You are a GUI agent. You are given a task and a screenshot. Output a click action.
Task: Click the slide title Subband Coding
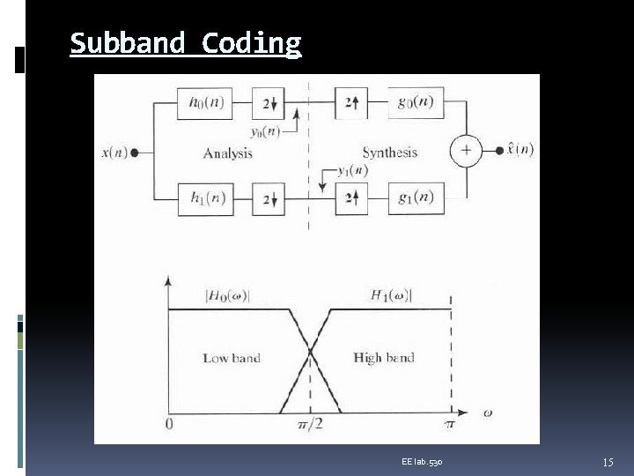pyautogui.click(x=185, y=42)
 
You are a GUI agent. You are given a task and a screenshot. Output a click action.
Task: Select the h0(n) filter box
pyautogui.click(x=205, y=103)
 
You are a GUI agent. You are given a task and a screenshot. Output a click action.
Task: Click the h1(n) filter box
pyautogui.click(x=205, y=197)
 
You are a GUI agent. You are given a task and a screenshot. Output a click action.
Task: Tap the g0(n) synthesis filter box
pyautogui.click(x=415, y=103)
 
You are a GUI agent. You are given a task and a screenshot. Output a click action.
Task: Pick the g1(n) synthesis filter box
pyautogui.click(x=415, y=197)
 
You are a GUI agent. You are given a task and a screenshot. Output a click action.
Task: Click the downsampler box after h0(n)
pyautogui.click(x=269, y=103)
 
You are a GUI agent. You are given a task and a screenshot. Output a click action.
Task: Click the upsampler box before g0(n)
pyautogui.click(x=350, y=103)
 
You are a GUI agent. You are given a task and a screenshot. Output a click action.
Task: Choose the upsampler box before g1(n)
pyautogui.click(x=350, y=197)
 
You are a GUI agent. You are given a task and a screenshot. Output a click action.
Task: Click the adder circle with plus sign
pyautogui.click(x=466, y=151)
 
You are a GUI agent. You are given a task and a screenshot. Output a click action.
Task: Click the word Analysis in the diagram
pyautogui.click(x=227, y=153)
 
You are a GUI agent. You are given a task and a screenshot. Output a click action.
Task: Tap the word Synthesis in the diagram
pyautogui.click(x=389, y=152)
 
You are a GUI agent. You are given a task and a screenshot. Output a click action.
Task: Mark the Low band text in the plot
pyautogui.click(x=232, y=358)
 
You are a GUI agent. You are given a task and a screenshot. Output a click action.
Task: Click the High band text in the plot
pyautogui.click(x=384, y=358)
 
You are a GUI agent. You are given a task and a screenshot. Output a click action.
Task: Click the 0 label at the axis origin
pyautogui.click(x=168, y=426)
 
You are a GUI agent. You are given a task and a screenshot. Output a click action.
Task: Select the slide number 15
pyautogui.click(x=608, y=462)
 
